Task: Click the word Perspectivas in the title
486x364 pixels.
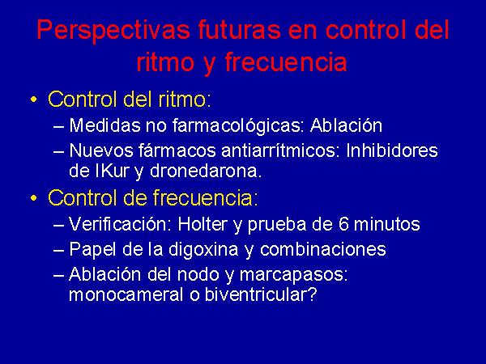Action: click(x=113, y=31)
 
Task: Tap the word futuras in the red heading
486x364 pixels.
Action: click(x=239, y=30)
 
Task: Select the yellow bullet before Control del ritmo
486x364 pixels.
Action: click(x=33, y=99)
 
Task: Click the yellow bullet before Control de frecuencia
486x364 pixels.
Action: click(x=33, y=198)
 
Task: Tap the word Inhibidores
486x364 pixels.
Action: click(x=392, y=150)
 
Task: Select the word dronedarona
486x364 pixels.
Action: click(x=206, y=171)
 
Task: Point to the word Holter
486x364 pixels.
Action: click(x=202, y=224)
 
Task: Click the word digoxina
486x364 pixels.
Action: click(x=203, y=249)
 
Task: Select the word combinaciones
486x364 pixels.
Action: click(x=323, y=249)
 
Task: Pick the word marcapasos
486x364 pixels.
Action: click(x=293, y=275)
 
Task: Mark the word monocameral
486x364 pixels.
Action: click(x=126, y=294)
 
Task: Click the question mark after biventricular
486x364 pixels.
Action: click(x=313, y=294)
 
